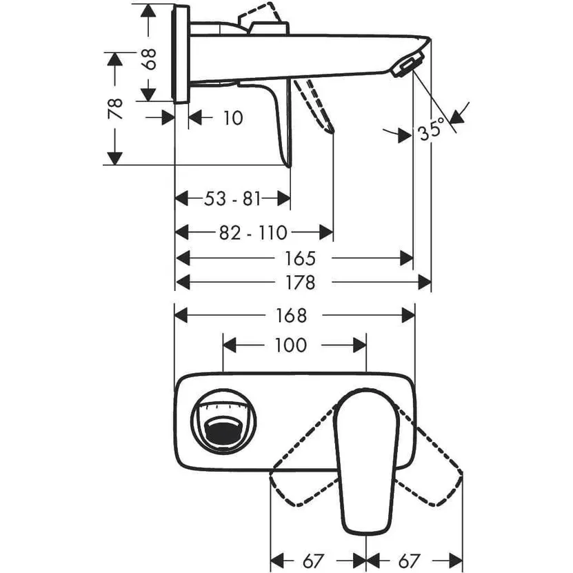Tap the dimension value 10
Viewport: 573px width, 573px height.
coord(233,118)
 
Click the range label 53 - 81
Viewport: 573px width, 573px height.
coord(232,199)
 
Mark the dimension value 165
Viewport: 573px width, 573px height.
coord(299,259)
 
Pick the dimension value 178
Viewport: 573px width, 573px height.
coord(299,283)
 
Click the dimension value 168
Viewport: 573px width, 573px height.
coord(290,315)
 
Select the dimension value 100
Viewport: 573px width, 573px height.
coord(290,344)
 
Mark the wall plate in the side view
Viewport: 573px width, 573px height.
coord(181,54)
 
